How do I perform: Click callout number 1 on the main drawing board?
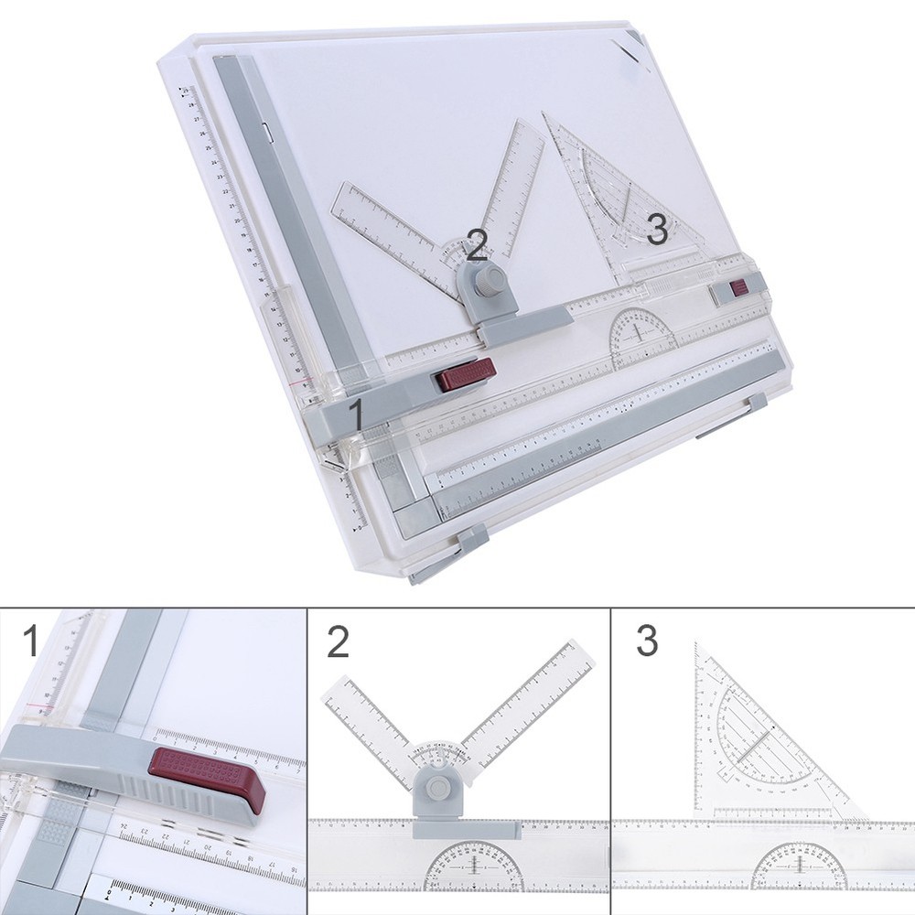coord(357,414)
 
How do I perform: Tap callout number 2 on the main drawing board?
coord(476,244)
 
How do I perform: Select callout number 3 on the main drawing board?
coord(656,229)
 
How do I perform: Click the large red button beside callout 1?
coord(466,374)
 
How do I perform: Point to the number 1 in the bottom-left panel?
coord(31,640)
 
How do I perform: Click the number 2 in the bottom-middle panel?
coord(338,642)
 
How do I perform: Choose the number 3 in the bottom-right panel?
coord(646,641)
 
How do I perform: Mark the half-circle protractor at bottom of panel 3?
coord(799,867)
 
